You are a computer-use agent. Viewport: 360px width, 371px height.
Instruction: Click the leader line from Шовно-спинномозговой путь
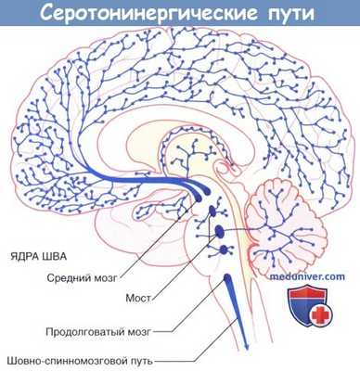[x=195, y=357]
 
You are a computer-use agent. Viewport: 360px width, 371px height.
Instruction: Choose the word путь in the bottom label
[x=137, y=359]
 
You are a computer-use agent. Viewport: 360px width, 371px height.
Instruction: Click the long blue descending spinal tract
[x=237, y=306]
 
